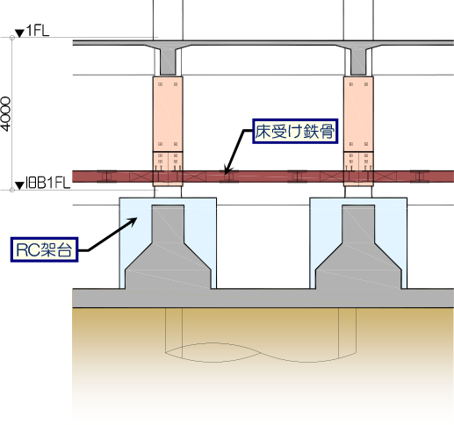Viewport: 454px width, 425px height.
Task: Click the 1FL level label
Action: [x=38, y=31]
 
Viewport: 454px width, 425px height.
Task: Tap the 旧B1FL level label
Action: [x=48, y=183]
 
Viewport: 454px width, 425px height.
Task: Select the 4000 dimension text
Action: [x=5, y=114]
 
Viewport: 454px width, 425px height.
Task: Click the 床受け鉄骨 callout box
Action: [x=295, y=131]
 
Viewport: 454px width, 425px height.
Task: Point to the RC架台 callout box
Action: [x=45, y=249]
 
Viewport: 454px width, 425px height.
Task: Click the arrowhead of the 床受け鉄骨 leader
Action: [x=227, y=170]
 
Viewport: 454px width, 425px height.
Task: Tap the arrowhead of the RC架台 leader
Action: [x=133, y=220]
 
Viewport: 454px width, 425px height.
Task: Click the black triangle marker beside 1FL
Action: [x=19, y=32]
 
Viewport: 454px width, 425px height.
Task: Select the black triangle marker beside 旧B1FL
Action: [x=19, y=185]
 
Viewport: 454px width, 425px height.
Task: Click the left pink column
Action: [x=168, y=131]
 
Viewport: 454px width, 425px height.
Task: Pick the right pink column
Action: [x=358, y=131]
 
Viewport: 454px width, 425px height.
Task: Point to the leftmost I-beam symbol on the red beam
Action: [x=106, y=176]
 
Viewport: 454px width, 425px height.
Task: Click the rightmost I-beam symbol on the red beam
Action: [x=420, y=176]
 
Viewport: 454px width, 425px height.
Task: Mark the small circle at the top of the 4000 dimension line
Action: [x=12, y=38]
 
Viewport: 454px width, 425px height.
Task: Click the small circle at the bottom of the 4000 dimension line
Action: [x=12, y=190]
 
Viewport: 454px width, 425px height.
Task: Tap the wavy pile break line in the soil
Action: [x=261, y=352]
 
